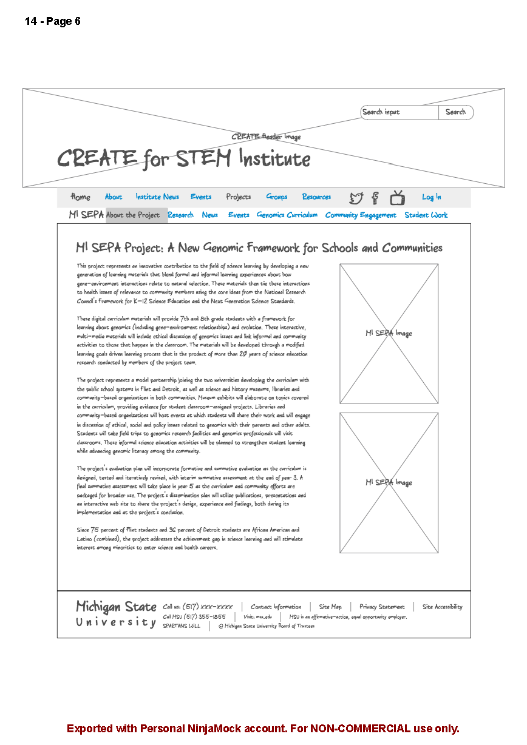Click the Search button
(455, 112)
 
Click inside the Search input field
(399, 112)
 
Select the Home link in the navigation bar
(80, 197)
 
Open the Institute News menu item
(157, 197)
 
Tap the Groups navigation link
(277, 197)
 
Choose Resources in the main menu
(316, 197)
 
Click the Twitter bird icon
(356, 198)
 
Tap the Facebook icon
(375, 198)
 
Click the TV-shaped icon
(398, 197)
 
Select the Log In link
(432, 197)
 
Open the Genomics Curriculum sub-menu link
(287, 215)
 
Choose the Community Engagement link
(361, 215)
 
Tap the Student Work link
(426, 215)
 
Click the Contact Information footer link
(276, 607)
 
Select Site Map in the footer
(330, 607)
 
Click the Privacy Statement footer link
(382, 607)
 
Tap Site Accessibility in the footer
(442, 607)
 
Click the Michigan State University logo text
(116, 614)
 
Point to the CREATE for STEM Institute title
(183, 159)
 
